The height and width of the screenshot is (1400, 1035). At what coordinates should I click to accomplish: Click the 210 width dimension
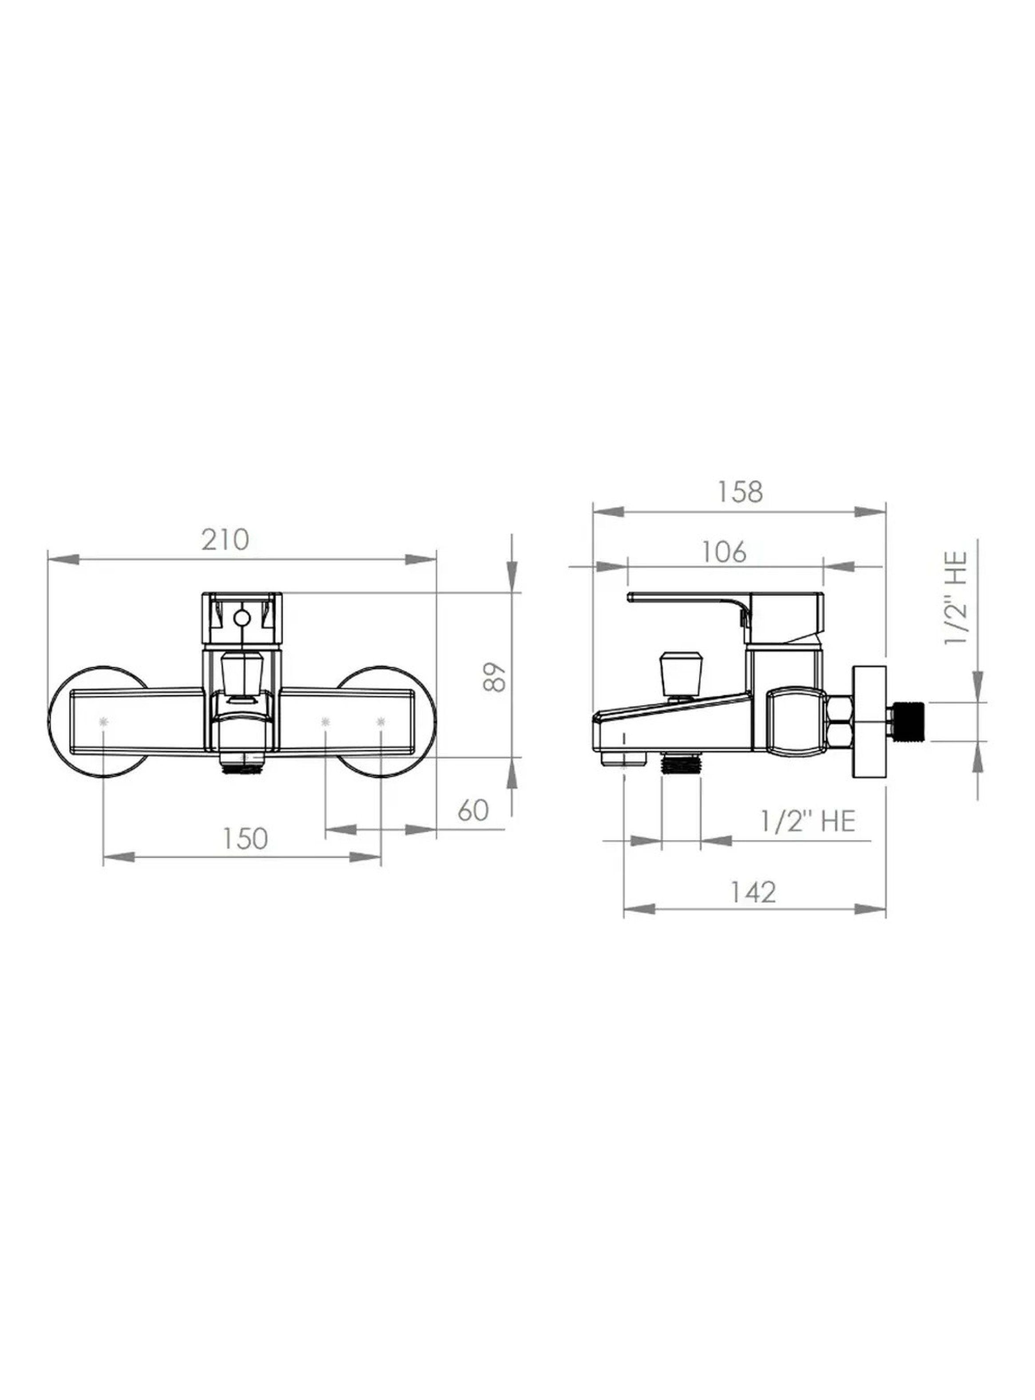225,540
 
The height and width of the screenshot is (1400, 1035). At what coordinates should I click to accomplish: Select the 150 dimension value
244,839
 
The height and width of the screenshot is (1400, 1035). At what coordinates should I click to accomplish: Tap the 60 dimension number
473,810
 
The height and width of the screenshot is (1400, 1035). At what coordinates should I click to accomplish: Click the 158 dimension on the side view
740,492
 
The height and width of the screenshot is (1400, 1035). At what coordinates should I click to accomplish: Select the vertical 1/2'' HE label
957,598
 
